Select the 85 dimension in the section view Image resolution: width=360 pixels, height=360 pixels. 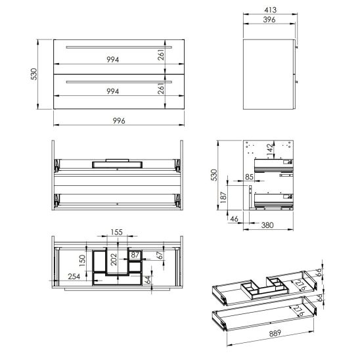coord(250,175)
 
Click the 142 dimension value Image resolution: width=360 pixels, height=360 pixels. coord(270,150)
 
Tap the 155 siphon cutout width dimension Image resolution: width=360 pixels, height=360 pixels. coord(116,233)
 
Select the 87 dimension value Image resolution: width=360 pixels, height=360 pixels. coord(135,254)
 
